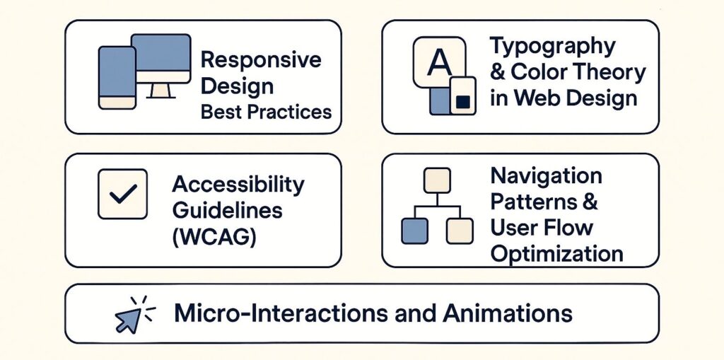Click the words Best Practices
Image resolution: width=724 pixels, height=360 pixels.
click(266, 112)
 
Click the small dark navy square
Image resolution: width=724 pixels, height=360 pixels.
click(463, 101)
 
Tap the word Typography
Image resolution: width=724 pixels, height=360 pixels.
click(543, 46)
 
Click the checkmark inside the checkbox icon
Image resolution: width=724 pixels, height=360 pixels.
click(122, 194)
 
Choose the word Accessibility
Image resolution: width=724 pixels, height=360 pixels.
click(238, 185)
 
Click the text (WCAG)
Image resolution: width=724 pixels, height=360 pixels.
click(214, 236)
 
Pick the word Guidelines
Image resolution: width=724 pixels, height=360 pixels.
click(227, 211)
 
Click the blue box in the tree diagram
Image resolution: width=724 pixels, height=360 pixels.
click(414, 231)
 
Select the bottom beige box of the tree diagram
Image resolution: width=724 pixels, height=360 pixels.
click(459, 231)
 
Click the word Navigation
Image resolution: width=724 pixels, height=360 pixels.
click(546, 176)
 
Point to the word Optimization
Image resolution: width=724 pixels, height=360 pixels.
click(556, 253)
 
